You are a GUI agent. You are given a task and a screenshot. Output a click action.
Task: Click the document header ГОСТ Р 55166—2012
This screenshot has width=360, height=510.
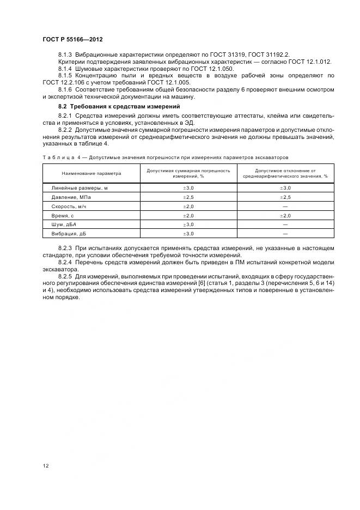72,40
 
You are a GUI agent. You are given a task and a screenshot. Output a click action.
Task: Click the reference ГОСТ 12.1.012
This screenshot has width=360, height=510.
311,63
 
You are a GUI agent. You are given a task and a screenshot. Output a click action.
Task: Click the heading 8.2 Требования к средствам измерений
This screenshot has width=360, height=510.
119,106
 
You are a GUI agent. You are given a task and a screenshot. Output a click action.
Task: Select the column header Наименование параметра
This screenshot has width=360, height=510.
91,173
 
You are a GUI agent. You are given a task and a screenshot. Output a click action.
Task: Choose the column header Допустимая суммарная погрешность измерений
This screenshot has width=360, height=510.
188,173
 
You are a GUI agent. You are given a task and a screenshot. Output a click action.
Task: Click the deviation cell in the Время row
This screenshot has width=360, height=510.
285,215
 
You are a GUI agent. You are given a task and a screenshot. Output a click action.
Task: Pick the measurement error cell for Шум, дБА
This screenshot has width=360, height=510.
188,224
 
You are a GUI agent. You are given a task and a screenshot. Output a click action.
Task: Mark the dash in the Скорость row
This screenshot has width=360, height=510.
285,206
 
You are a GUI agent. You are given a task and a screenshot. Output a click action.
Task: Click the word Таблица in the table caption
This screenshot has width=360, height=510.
57,157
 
